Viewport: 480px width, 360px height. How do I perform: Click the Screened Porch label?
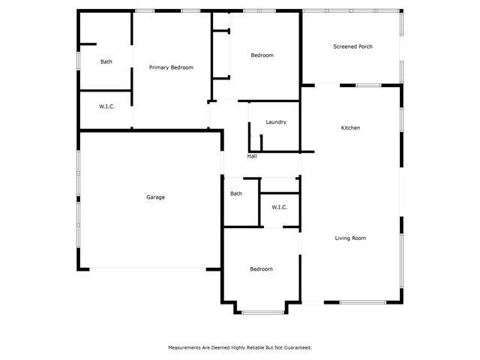(352, 46)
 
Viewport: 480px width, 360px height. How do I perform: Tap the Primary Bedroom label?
(171, 67)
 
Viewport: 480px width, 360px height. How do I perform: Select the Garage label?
(155, 197)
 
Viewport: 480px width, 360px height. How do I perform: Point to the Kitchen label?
(351, 128)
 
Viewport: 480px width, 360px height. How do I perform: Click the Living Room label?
(350, 238)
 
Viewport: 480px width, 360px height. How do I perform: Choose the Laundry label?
(276, 122)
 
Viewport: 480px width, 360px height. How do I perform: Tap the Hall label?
(252, 156)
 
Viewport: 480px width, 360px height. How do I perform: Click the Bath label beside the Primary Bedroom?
(106, 61)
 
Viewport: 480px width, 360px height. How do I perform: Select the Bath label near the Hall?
(236, 193)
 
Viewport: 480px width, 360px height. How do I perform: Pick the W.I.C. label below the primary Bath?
(106, 107)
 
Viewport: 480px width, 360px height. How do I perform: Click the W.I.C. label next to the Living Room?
(280, 207)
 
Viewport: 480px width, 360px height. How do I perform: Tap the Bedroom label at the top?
(262, 55)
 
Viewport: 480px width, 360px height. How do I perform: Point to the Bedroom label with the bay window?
(261, 269)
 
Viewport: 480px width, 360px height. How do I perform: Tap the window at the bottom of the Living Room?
(363, 302)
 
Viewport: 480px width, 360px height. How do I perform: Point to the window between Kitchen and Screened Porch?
(367, 85)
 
